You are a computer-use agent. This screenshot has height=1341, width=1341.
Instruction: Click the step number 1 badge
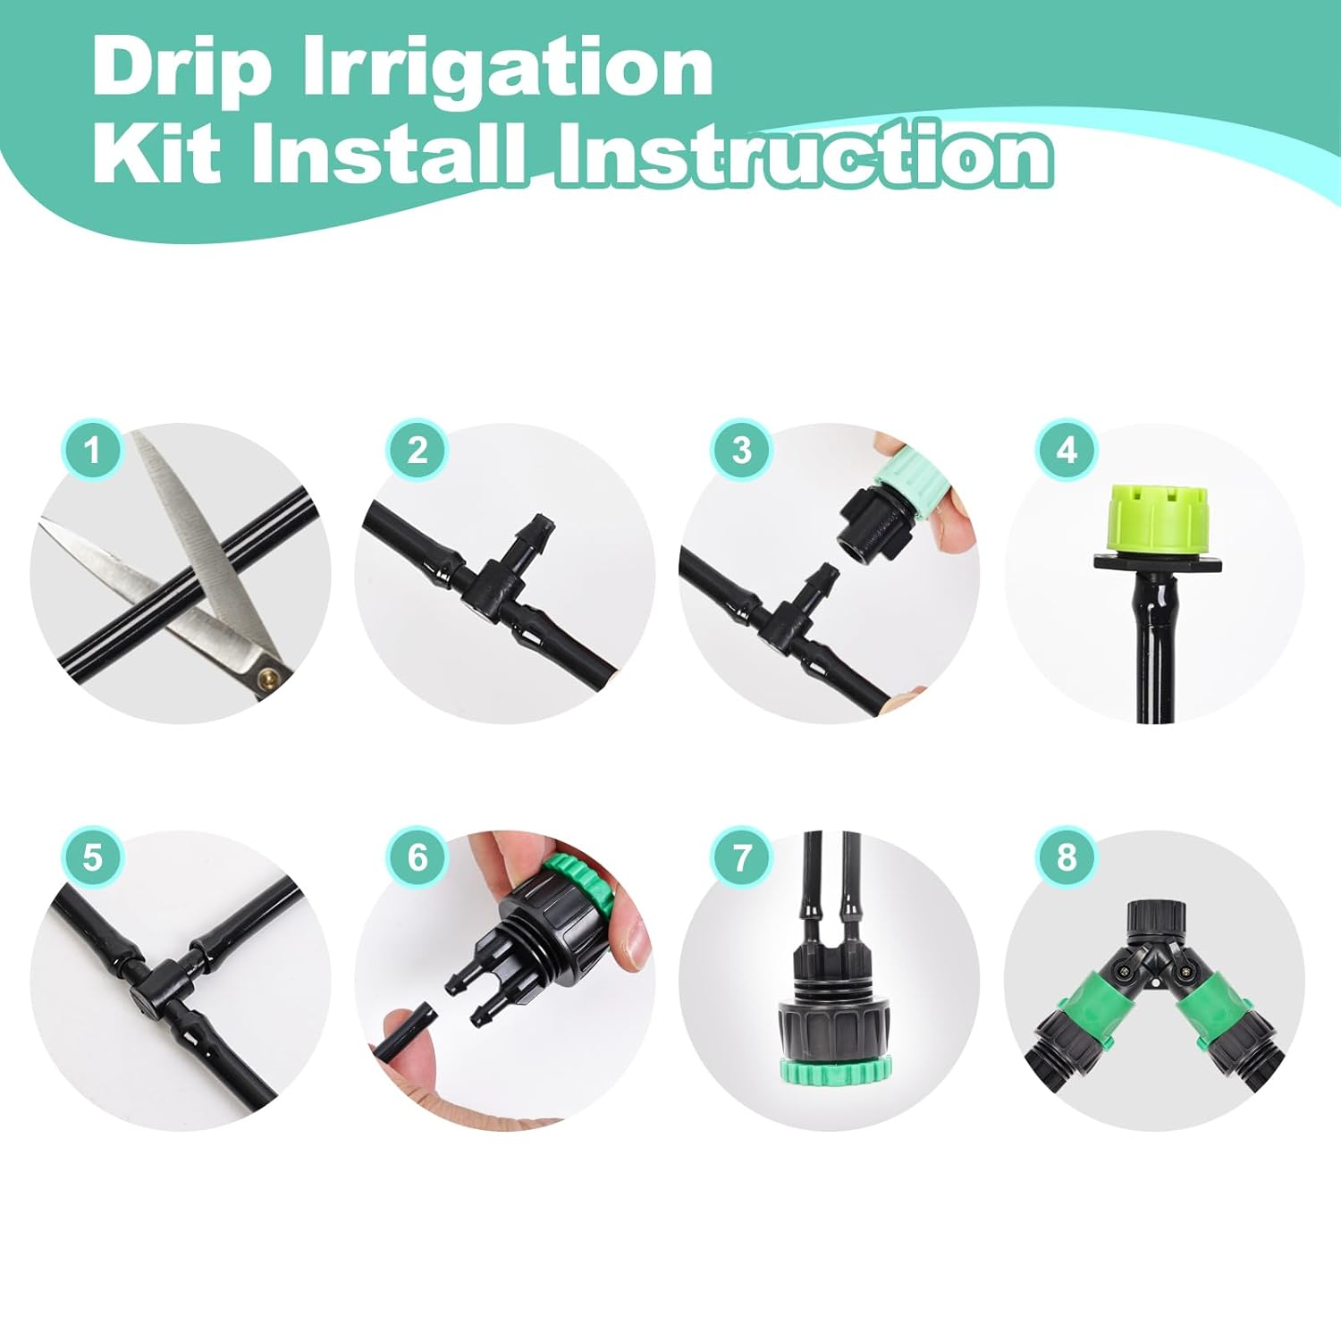click(x=92, y=450)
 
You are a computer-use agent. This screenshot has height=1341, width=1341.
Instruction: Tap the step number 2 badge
click(x=417, y=450)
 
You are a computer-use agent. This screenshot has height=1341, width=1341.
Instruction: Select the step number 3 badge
click(x=742, y=450)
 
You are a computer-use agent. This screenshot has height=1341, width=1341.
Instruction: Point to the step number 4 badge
click(x=1067, y=450)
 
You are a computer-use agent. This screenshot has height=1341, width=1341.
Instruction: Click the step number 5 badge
click(x=92, y=857)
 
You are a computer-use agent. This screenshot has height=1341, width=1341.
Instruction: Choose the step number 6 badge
click(x=417, y=857)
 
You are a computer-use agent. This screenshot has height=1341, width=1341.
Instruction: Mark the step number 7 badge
click(x=742, y=857)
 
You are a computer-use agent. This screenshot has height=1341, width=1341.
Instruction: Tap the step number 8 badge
click(x=1067, y=857)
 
